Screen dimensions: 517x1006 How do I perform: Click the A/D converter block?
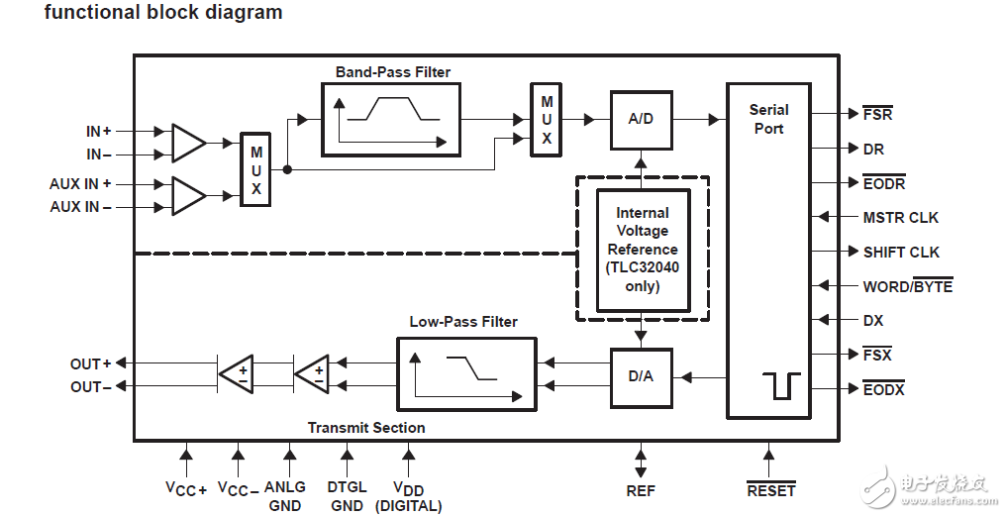(641, 119)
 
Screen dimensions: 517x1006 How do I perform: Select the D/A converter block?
(641, 377)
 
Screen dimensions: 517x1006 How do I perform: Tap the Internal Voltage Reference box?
(643, 250)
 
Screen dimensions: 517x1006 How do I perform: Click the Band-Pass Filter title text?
(393, 72)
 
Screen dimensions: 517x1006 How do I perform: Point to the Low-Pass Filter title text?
(463, 322)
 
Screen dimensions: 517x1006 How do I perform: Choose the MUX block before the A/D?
(547, 120)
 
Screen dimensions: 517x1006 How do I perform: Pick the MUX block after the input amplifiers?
(255, 169)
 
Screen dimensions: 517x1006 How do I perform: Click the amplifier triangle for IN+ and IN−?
(187, 143)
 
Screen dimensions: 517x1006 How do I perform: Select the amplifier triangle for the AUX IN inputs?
(187, 195)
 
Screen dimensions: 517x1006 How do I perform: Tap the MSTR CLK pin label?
(900, 218)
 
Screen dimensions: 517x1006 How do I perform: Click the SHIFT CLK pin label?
(901, 253)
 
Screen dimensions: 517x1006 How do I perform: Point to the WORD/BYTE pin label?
(907, 287)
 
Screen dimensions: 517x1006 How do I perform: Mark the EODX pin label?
(883, 390)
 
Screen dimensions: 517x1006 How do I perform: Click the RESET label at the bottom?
(770, 490)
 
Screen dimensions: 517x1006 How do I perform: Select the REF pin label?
(641, 490)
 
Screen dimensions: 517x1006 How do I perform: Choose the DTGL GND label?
(347, 496)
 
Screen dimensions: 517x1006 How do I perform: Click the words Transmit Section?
(366, 428)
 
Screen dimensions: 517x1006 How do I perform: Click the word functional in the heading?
(86, 13)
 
